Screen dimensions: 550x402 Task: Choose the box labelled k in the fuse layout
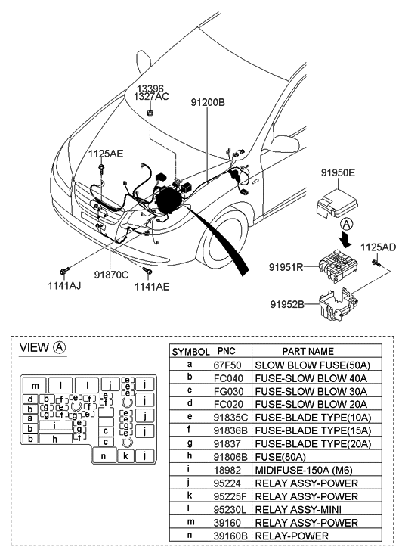point(125,456)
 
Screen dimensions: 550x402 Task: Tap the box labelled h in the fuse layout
point(55,439)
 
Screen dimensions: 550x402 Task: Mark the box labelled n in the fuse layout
point(103,456)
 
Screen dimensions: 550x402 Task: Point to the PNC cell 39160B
point(226,536)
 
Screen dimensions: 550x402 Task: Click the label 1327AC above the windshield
point(153,97)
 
